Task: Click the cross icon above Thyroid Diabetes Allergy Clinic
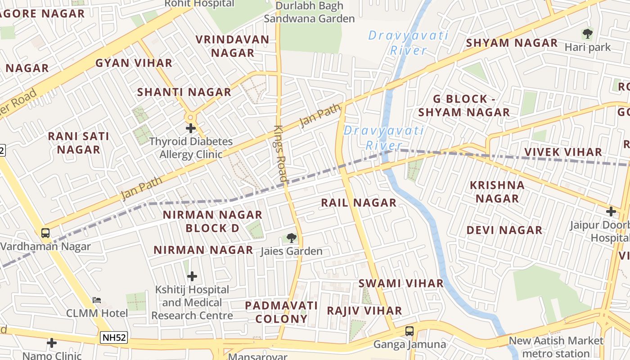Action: tap(191, 128)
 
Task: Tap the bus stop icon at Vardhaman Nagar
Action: tap(45, 233)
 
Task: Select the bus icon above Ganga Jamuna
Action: tap(409, 331)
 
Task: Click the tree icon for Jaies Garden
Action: tap(292, 238)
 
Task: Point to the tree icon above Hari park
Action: tap(587, 34)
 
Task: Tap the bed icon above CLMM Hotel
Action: tap(97, 300)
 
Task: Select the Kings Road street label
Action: tap(281, 153)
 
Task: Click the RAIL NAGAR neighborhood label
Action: tap(359, 203)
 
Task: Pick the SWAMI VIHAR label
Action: tap(401, 283)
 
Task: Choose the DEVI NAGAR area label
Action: tap(504, 230)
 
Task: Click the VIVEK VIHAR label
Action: tap(563, 152)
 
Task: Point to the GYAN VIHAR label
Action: tap(134, 63)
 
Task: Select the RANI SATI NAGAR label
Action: tap(79, 143)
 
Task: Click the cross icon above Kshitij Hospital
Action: tap(192, 276)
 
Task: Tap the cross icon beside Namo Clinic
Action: tap(52, 343)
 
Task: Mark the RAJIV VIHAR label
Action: tap(364, 311)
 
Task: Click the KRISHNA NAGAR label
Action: tap(497, 192)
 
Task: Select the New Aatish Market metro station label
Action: tap(556, 347)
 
